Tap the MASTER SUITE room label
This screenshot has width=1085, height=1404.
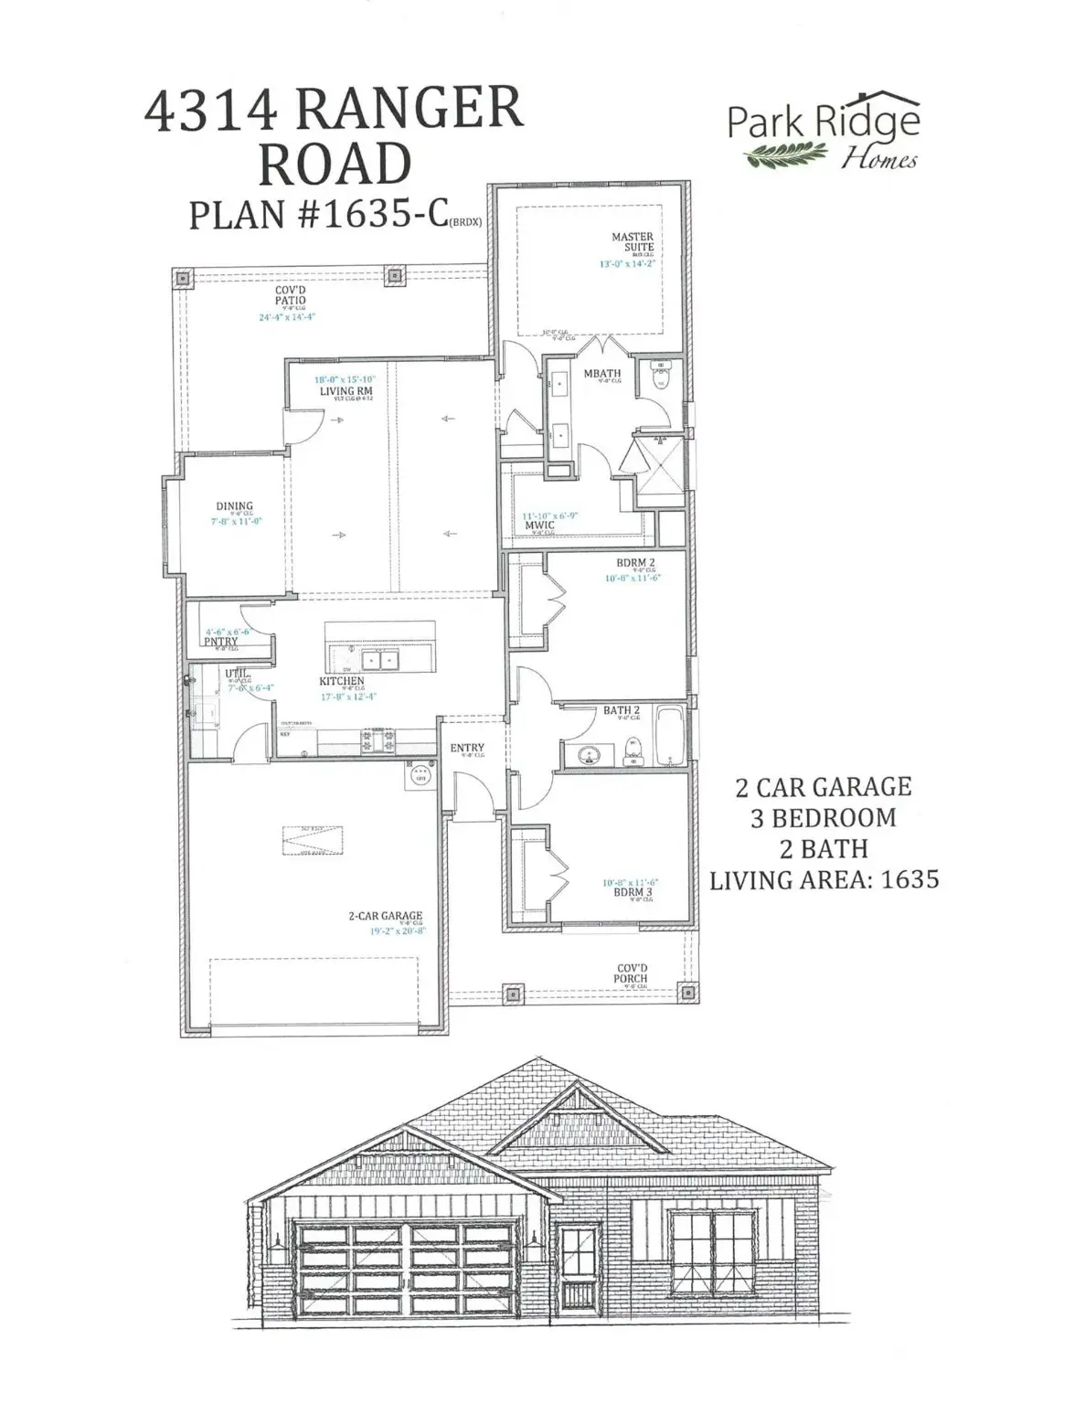[633, 241]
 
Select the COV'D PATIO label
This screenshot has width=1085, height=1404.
[291, 295]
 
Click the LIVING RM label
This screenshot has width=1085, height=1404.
[346, 391]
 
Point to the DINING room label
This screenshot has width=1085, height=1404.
[234, 505]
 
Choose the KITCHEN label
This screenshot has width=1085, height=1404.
[342, 681]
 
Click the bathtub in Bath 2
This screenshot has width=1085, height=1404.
[669, 736]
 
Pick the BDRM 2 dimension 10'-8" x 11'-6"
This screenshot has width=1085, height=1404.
[633, 578]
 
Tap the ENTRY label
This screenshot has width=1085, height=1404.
[467, 748]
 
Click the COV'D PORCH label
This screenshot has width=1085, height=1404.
[631, 973]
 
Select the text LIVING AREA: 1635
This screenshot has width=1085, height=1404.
[824, 879]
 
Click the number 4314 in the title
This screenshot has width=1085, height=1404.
[211, 112]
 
